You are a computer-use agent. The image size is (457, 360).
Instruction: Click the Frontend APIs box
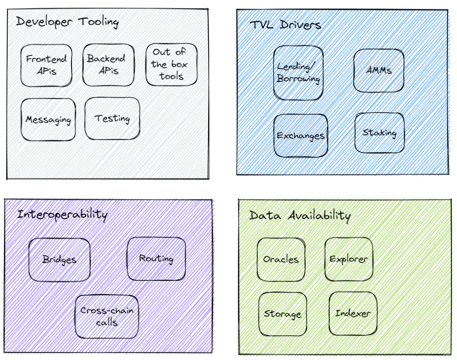[x=47, y=65]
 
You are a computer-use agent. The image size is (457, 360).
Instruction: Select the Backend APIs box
[x=108, y=65]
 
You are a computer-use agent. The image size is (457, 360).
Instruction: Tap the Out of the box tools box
[x=171, y=64]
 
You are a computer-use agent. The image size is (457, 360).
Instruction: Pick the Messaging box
[x=48, y=119]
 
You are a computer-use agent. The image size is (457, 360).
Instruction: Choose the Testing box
[x=112, y=119]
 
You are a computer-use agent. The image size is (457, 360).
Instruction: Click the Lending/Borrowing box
[x=298, y=73]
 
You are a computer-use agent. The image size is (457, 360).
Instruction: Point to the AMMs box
[x=379, y=70]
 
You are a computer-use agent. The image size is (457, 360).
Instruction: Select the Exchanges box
[x=301, y=136]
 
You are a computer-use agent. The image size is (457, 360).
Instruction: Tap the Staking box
[x=380, y=133]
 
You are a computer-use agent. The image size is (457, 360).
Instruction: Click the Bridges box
[x=60, y=260]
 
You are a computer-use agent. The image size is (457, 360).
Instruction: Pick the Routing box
[x=156, y=259]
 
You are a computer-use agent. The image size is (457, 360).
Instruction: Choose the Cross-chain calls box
[x=107, y=316]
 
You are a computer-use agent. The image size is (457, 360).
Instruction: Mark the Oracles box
[x=281, y=259]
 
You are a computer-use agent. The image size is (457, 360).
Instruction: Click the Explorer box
[x=349, y=259]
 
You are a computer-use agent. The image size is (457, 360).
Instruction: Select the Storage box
[x=283, y=314]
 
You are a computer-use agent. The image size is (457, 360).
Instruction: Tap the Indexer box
[x=353, y=313]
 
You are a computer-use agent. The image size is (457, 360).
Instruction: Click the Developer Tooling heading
[x=67, y=22]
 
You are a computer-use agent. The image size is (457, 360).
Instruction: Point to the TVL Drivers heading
[x=286, y=25]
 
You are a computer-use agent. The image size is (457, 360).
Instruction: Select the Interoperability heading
[x=62, y=215]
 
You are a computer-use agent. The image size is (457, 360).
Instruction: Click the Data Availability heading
[x=300, y=216]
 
